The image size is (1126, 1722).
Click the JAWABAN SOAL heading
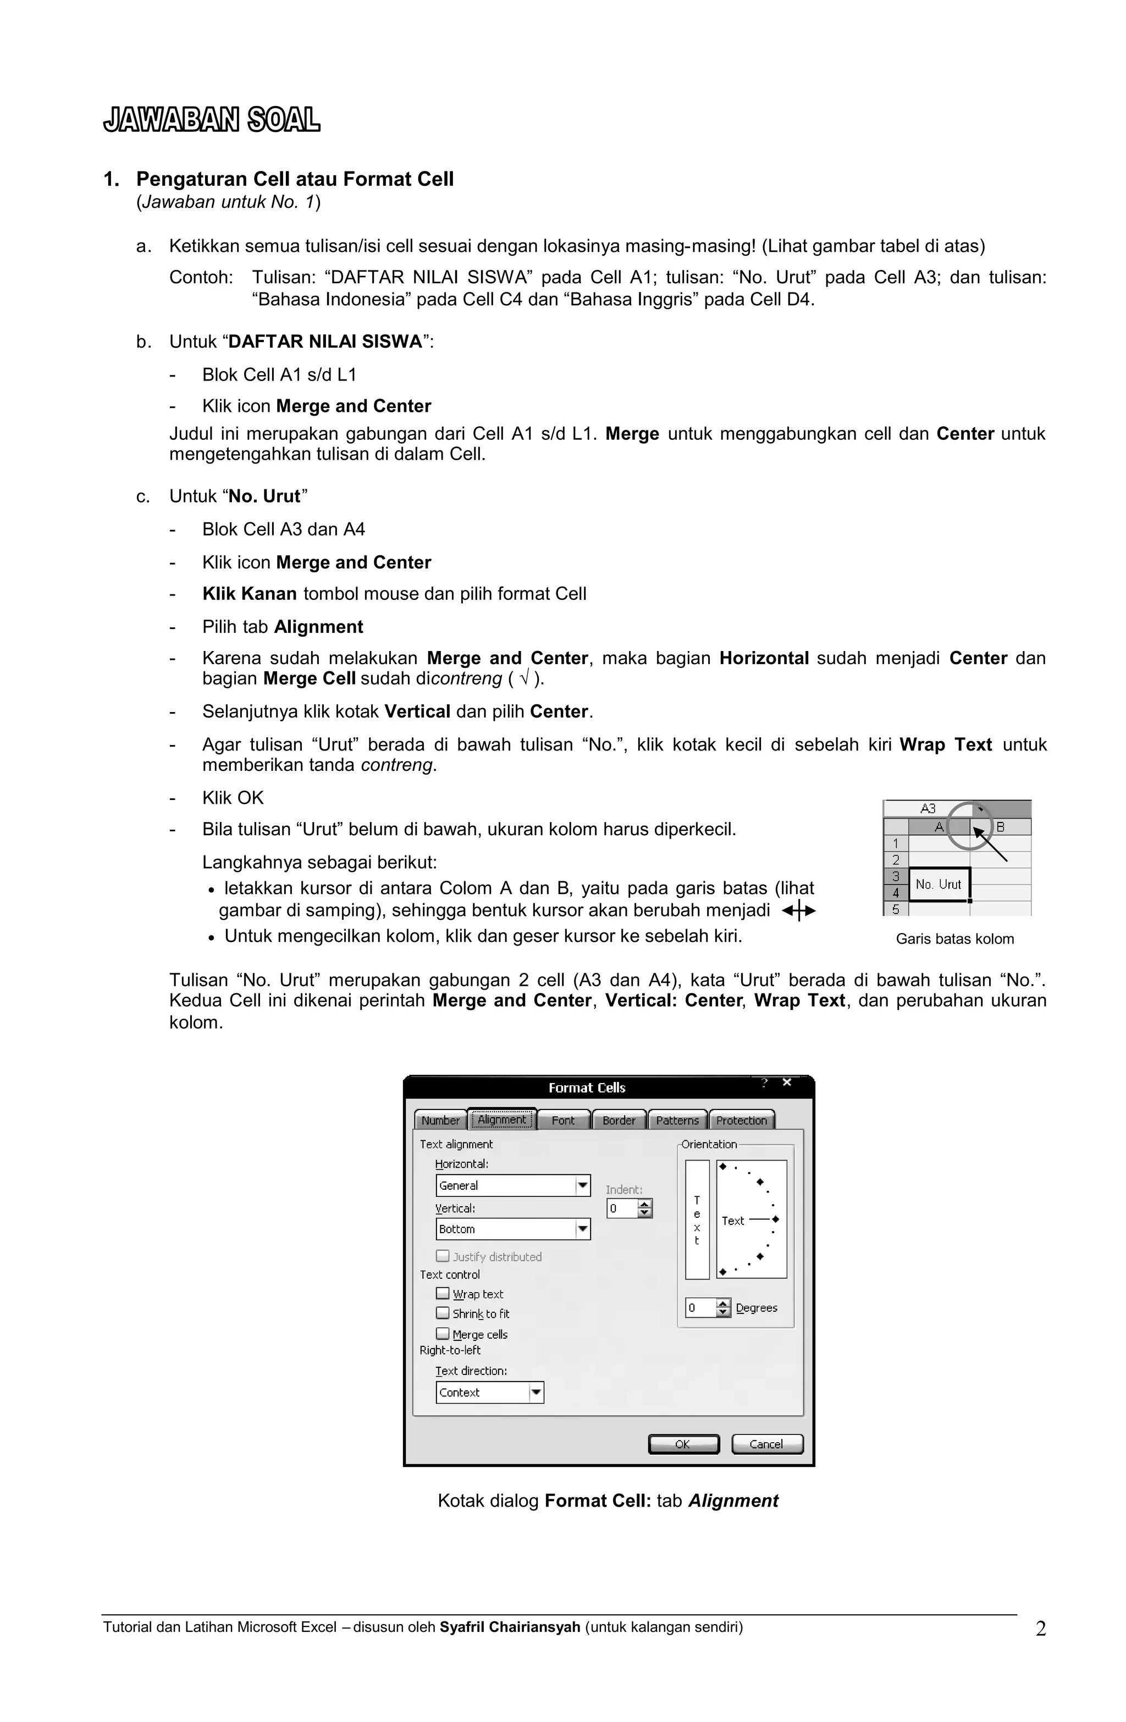211,120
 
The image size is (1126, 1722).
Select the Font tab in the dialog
562,1120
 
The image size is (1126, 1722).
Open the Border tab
619,1120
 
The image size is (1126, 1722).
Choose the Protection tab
741,1120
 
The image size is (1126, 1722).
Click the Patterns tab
677,1120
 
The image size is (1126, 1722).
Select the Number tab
440,1120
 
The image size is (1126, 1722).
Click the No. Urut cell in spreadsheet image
938,884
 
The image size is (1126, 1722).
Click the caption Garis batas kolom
954,939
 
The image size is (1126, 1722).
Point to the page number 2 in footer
1040,1629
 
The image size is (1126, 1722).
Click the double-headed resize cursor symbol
798,911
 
